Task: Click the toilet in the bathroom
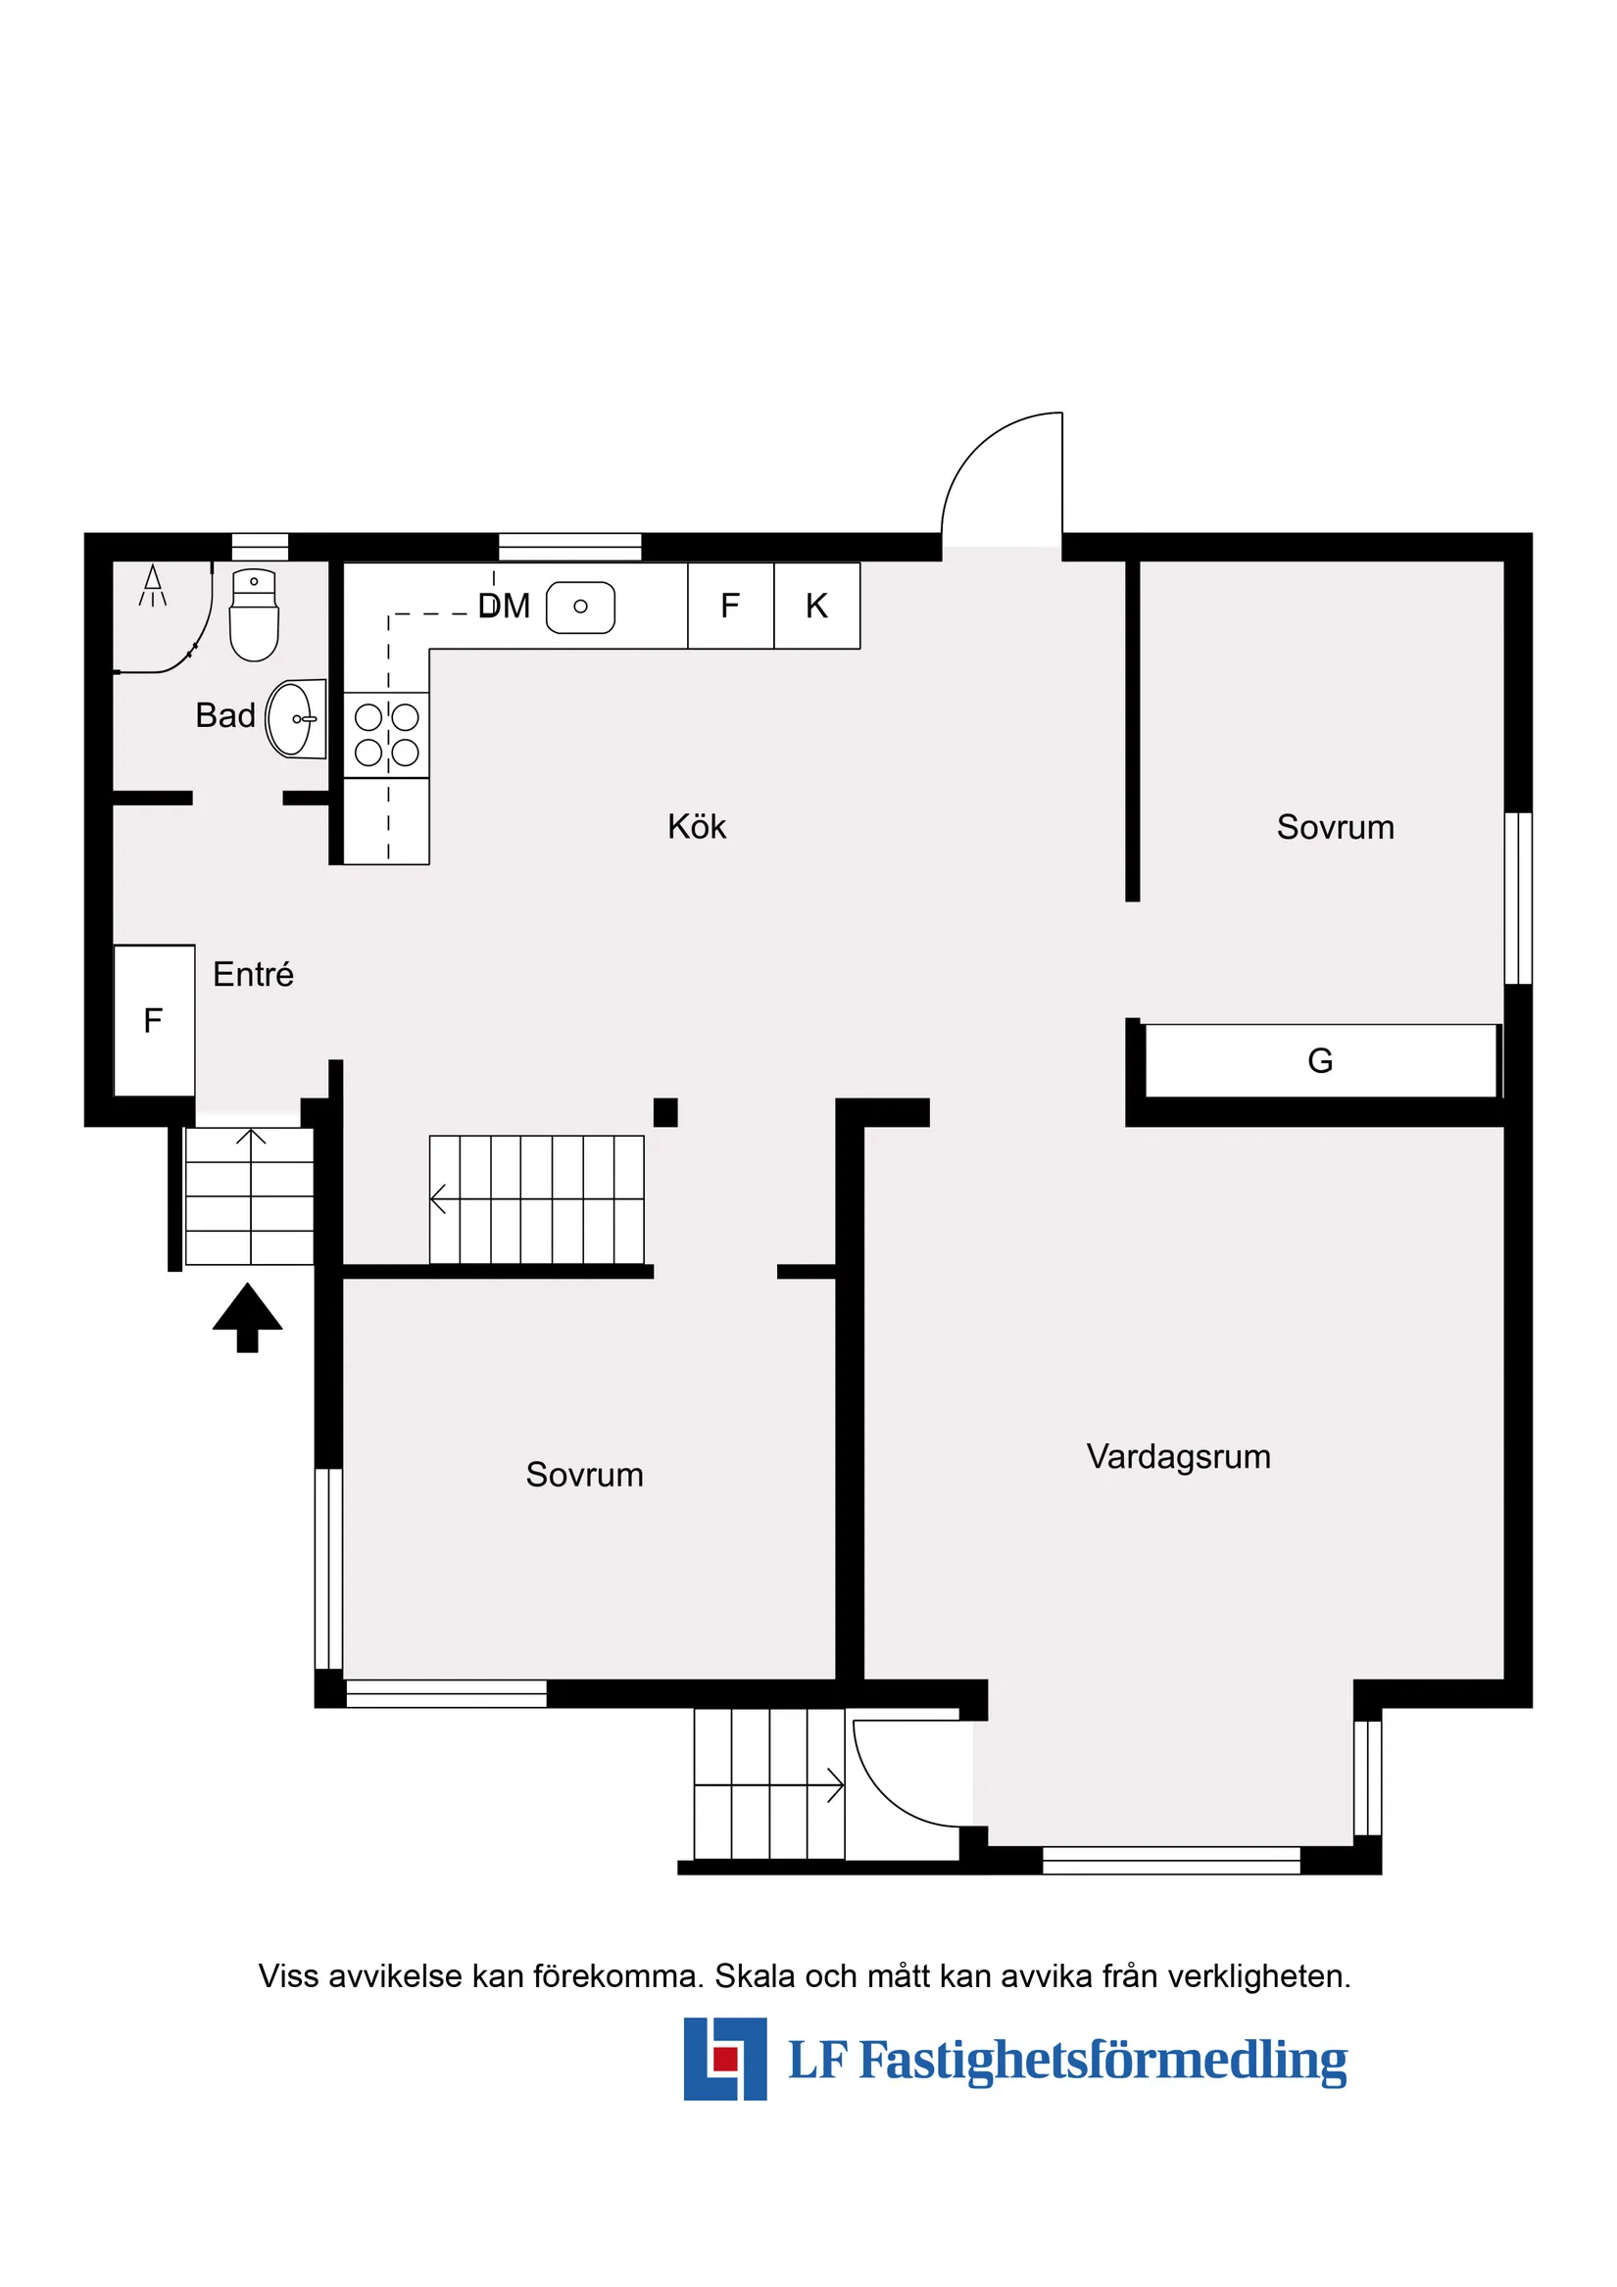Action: [x=254, y=618]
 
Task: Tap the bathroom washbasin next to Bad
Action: [x=294, y=719]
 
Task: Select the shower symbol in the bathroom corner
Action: [x=153, y=586]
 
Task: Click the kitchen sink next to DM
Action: [x=581, y=607]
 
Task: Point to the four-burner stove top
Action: [x=386, y=735]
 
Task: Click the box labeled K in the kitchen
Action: [x=817, y=606]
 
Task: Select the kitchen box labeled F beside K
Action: [x=730, y=606]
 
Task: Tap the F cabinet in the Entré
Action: [x=155, y=1020]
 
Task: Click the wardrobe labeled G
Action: [x=1320, y=1061]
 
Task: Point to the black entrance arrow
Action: [x=247, y=1315]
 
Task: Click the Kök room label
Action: [x=697, y=827]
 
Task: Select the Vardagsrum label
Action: [x=1179, y=1456]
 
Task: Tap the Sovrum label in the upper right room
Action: [x=1335, y=827]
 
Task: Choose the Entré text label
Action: [x=253, y=974]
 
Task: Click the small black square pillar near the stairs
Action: [x=665, y=1111]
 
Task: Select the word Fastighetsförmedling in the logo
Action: [x=1102, y=2060]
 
